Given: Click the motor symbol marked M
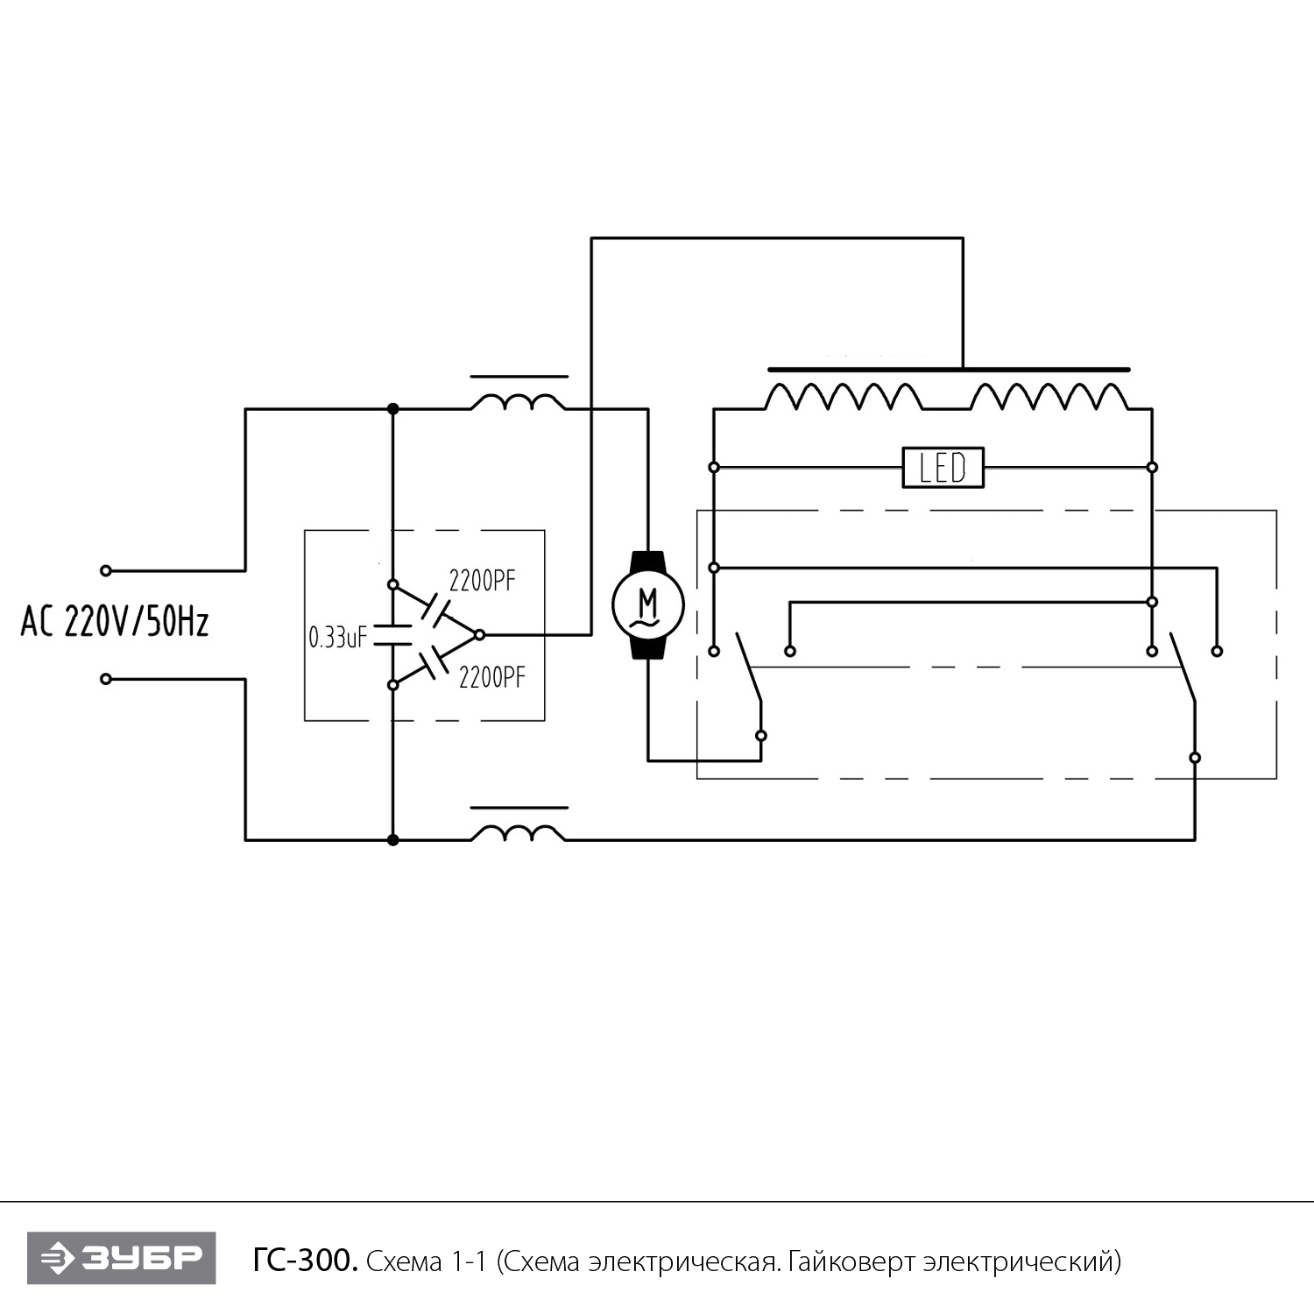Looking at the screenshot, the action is pos(648,604).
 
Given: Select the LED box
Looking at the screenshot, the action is pos(943,468).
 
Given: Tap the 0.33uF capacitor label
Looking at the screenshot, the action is pos(337,637).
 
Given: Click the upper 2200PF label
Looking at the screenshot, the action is pos(483,581).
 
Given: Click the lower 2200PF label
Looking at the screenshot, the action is pos(492,677).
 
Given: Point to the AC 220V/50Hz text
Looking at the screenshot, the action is pos(115,623).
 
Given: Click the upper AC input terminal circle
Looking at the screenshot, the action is pos(106,571).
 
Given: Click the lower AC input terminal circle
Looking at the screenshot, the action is pos(106,679).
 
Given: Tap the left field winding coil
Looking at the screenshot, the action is pos(844,396).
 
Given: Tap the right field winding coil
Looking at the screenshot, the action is pos(1049,396).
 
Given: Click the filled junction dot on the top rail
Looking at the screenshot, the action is pos(393,409).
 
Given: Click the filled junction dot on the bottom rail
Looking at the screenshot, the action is pos(393,840).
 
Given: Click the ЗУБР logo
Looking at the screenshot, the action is pos(121,1259).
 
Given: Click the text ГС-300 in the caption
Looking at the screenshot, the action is pos(305,1261).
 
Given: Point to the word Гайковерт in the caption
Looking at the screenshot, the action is pos(848,1262).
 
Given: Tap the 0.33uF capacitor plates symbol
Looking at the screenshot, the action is pos(393,635).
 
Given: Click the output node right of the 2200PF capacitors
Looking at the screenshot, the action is pos(479,633).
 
